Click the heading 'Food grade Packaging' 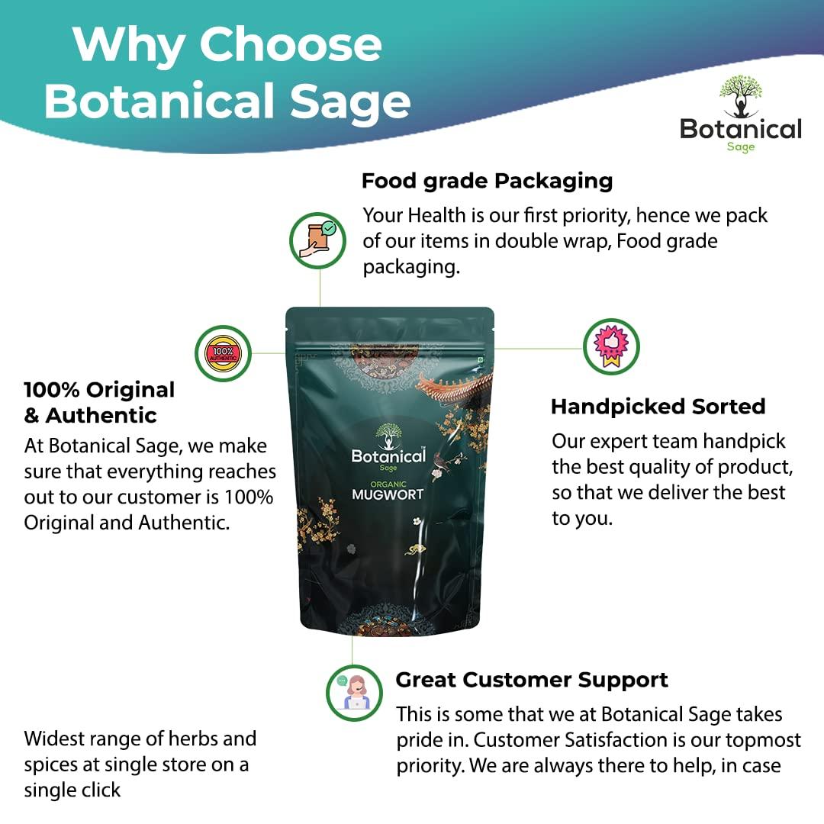[487, 182]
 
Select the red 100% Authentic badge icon [224, 353]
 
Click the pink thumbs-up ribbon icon [611, 347]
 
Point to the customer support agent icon [354, 692]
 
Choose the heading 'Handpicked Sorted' [658, 407]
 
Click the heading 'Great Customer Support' [532, 680]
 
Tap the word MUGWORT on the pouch [388, 494]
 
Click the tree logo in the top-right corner [740, 96]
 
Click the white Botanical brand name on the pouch [388, 456]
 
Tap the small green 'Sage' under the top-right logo [740, 147]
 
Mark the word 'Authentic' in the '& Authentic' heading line [101, 416]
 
